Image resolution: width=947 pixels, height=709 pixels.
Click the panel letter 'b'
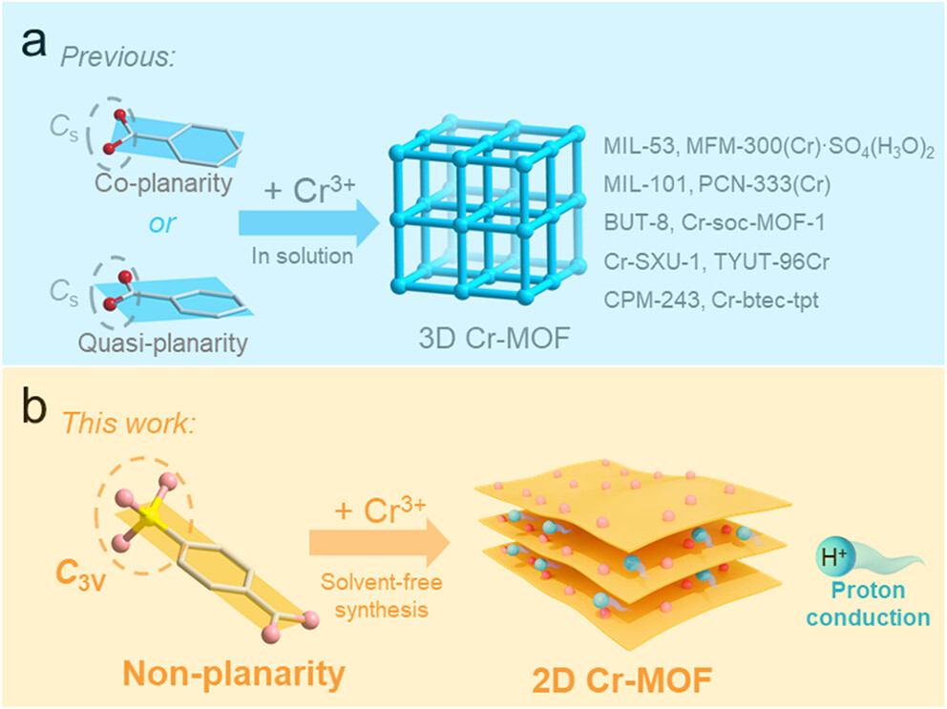34,411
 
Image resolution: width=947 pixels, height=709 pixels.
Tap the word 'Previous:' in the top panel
119,55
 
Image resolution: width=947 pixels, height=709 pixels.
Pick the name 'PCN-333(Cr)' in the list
754,185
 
